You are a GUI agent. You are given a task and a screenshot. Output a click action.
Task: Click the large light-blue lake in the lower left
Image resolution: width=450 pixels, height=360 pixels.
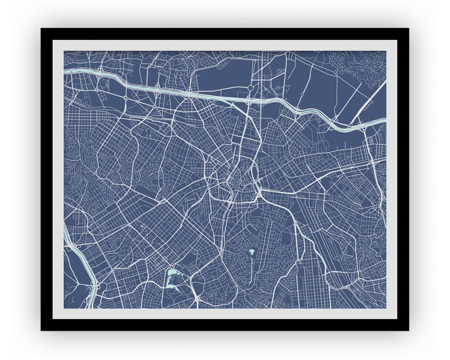point(172,278)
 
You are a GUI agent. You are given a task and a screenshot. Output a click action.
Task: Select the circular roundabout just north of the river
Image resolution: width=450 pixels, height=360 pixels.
point(250,87)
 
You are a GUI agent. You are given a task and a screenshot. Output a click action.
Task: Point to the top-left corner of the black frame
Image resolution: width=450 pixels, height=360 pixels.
point(41,29)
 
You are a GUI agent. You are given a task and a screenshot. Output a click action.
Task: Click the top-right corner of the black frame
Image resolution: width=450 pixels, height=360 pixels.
point(408,29)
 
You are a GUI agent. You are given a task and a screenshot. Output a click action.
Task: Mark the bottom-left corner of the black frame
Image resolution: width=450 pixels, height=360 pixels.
point(41,330)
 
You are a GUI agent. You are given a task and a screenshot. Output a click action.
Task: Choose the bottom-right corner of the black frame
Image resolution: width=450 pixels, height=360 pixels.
point(408,330)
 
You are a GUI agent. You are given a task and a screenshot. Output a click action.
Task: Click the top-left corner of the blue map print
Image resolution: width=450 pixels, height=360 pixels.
point(64,52)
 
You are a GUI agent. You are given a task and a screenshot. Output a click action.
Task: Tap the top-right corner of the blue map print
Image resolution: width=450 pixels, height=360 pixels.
point(386,52)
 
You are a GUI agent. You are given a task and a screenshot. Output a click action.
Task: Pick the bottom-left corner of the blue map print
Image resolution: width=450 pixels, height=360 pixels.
point(64,308)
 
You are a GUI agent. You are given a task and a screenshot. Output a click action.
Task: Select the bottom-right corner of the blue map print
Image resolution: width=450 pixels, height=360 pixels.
point(386,308)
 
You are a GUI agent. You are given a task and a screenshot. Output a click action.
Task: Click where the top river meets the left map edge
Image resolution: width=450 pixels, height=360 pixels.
point(65,74)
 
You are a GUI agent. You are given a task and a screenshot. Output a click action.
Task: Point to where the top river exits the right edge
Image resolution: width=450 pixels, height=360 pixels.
point(385,119)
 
